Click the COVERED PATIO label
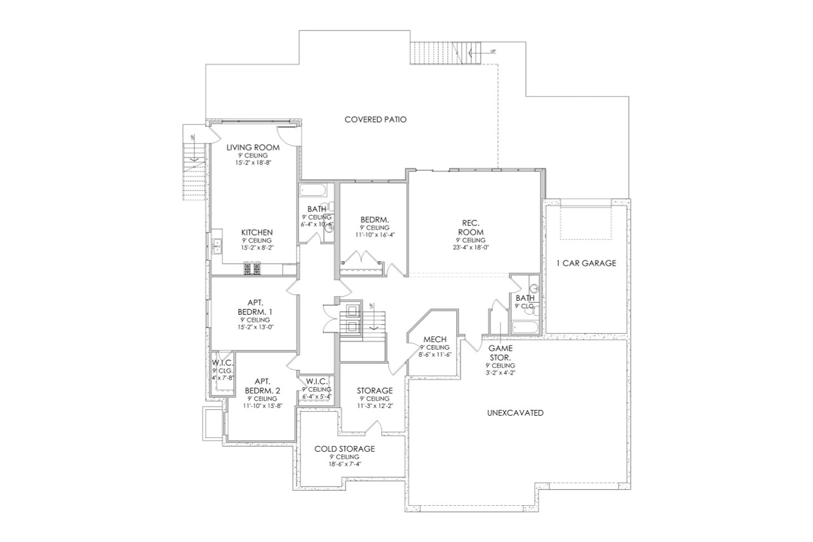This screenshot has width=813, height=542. coord(375,119)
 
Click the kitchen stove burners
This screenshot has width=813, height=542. coord(252,270)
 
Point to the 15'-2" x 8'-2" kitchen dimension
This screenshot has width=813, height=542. coord(257,248)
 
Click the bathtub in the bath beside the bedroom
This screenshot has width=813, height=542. coord(312,190)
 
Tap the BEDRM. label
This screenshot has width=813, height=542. coord(374,220)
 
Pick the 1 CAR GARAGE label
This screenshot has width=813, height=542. coord(586,263)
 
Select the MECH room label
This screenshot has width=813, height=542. coord(434,340)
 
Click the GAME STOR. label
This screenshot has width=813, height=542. coord(501,352)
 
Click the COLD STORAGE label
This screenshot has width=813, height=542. coord(344,449)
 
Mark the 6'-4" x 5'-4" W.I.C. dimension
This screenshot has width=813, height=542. coord(316,397)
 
